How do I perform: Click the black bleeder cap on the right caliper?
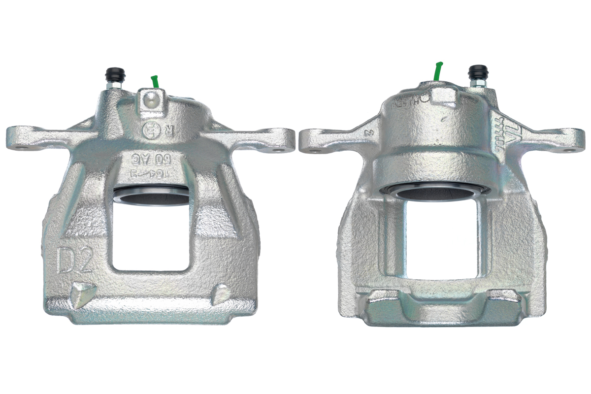(x=477, y=72)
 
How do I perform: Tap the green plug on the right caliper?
(x=438, y=71)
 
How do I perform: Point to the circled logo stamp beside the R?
(x=150, y=131)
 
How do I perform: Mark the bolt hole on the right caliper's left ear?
(x=310, y=146)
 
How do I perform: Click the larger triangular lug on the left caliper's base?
(x=82, y=294)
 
